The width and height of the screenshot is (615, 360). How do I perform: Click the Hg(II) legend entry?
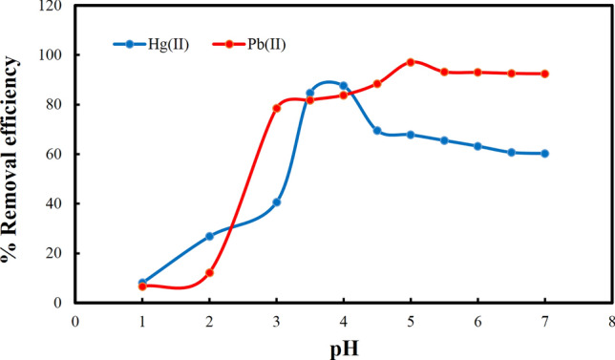tap(157, 44)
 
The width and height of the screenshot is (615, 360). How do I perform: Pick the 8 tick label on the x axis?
tap(611, 322)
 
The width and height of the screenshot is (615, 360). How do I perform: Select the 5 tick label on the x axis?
tap(411, 322)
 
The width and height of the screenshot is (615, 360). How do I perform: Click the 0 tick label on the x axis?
tap(74, 322)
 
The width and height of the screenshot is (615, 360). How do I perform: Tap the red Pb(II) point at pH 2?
tap(209, 273)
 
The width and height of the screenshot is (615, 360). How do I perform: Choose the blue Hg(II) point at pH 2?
tap(209, 236)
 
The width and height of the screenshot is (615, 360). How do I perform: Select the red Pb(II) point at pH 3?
tap(277, 108)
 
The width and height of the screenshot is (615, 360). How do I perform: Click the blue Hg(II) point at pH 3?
tap(277, 202)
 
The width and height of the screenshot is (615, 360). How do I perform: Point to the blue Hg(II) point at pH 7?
tap(545, 154)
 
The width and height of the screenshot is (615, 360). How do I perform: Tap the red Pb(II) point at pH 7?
tap(545, 74)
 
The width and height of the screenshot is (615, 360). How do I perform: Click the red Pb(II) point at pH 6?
tap(477, 73)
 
